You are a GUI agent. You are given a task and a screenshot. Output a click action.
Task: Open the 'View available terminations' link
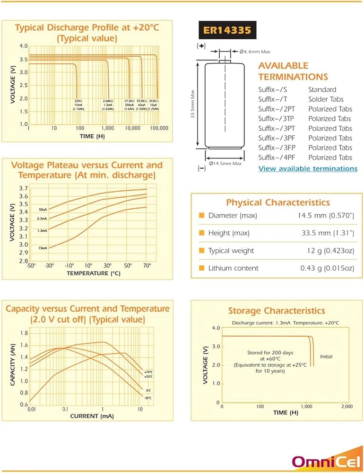coord(308,168)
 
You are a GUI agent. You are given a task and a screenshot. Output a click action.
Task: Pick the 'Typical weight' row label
coord(231,251)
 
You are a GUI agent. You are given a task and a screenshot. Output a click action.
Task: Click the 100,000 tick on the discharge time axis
coord(159,128)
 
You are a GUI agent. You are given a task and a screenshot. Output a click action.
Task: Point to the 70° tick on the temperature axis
coord(147,266)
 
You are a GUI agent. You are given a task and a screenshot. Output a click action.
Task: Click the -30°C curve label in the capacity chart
coord(147,398)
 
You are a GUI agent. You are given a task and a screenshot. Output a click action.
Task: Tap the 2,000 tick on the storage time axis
coord(347,407)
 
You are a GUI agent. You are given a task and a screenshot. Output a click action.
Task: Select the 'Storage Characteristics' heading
coord(277,311)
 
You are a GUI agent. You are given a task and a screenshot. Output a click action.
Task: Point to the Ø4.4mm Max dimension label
coord(255,51)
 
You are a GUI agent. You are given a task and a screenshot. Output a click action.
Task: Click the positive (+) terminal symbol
coord(200,46)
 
